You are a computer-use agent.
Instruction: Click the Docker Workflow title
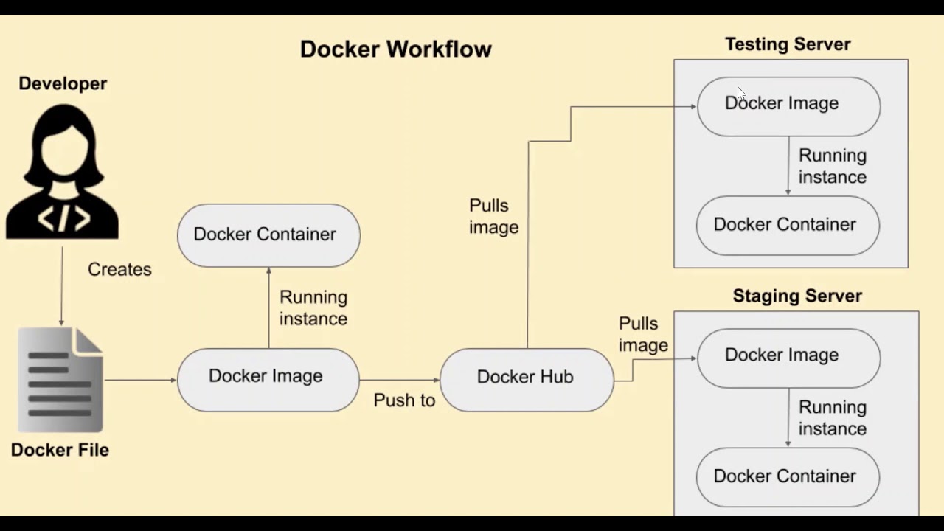click(x=395, y=49)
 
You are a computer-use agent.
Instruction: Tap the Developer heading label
click(x=63, y=83)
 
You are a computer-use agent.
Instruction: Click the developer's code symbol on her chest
click(x=64, y=218)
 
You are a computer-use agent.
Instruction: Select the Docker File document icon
click(x=60, y=380)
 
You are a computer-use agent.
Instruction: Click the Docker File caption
click(x=60, y=450)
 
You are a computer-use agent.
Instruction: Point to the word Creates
click(x=119, y=269)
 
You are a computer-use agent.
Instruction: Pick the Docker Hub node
click(x=526, y=377)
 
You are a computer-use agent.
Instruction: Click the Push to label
click(x=404, y=400)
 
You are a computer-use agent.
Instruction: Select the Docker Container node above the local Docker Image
click(x=268, y=235)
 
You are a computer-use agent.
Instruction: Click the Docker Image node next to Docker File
click(x=268, y=377)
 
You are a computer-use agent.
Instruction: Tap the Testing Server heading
click(x=788, y=44)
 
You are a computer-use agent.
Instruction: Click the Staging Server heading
click(x=796, y=296)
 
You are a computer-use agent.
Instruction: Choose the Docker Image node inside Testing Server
click(x=788, y=104)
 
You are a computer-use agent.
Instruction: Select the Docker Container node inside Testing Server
click(x=788, y=225)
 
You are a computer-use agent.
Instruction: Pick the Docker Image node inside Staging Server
click(x=788, y=355)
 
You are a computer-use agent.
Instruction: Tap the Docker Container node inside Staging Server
click(x=788, y=476)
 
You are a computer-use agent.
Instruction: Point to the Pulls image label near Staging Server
click(x=643, y=334)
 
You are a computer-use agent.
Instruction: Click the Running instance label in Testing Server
click(x=832, y=166)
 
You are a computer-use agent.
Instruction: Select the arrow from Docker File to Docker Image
click(x=140, y=380)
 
